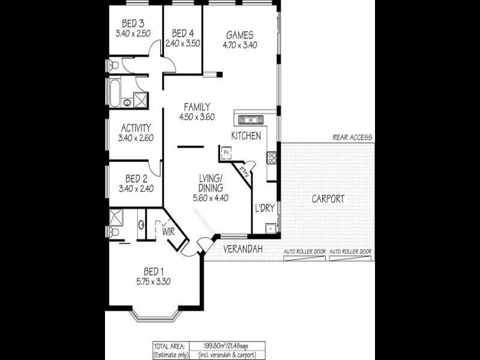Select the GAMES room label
(240, 34)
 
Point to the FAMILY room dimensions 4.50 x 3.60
(197, 117)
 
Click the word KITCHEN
(246, 136)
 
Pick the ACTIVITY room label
(136, 128)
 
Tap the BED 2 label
(136, 178)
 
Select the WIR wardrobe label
(167, 230)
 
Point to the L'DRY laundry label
(265, 208)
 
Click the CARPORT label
(328, 199)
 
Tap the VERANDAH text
(243, 248)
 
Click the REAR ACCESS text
(352, 137)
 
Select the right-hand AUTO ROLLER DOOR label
(351, 251)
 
